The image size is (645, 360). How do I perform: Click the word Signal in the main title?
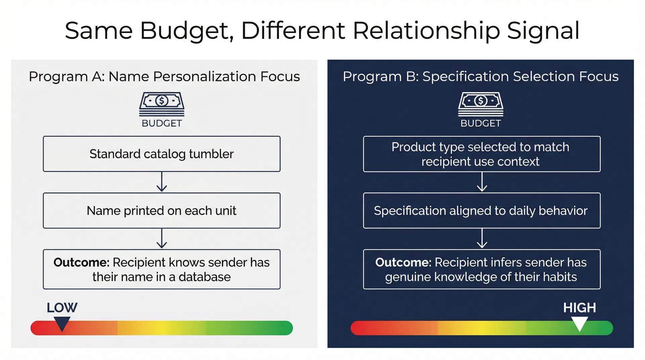[543, 31]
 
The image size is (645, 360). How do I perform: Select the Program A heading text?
[164, 77]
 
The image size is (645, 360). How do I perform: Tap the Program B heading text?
[480, 77]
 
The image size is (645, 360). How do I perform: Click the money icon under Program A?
[162, 104]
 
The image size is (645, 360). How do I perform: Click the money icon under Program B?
[480, 104]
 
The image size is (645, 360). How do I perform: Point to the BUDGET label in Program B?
[480, 123]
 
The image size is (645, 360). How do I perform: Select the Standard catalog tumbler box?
[162, 154]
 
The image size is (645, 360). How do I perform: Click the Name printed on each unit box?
[162, 211]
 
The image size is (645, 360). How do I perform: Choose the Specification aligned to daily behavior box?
[481, 211]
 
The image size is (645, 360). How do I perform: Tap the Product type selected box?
[481, 154]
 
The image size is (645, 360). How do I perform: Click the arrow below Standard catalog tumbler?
[162, 182]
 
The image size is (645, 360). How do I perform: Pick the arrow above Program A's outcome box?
[162, 239]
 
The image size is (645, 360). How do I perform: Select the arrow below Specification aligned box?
[482, 239]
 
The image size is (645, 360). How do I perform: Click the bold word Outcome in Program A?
[81, 262]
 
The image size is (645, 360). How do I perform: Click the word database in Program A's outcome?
[204, 277]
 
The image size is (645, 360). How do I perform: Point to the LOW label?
[62, 308]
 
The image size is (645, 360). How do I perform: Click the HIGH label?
[579, 308]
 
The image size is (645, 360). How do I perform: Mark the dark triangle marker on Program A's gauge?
[62, 324]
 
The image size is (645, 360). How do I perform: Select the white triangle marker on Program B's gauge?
[579, 324]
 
